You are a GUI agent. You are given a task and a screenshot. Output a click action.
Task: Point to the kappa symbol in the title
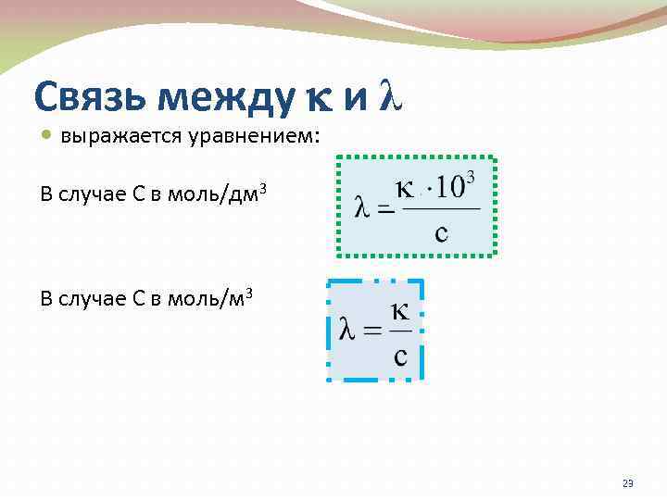[320, 98]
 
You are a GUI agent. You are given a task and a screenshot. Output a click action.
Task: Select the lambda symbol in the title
[391, 96]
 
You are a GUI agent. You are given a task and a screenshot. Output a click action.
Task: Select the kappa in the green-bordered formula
[404, 189]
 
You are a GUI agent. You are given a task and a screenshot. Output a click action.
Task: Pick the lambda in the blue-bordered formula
[349, 331]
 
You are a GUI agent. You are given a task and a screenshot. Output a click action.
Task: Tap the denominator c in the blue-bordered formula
[400, 355]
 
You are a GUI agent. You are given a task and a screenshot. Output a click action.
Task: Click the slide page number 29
[627, 484]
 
